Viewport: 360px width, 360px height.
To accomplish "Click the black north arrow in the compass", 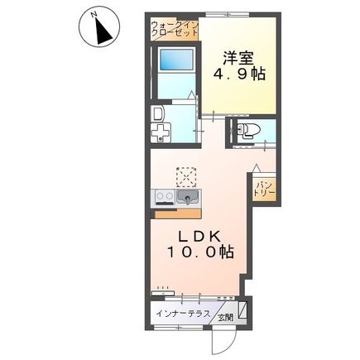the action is [103, 31].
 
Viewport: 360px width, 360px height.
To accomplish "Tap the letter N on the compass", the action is [94, 14].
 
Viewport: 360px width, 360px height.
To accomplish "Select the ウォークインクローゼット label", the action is [175, 29].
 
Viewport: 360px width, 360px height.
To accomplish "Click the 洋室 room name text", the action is [238, 58].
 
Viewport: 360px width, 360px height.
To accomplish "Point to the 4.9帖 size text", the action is [239, 74].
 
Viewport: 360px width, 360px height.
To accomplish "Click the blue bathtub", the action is [176, 60].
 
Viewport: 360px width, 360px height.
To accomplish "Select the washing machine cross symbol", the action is [161, 133].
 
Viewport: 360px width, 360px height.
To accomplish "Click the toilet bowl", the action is [248, 130].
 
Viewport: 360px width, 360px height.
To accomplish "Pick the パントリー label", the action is [264, 189].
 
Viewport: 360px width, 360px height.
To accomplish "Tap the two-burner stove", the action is [165, 197].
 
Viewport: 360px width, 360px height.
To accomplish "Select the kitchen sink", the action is [188, 197].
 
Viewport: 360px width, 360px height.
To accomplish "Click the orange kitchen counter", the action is [178, 214].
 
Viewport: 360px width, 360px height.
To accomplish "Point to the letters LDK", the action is [200, 237].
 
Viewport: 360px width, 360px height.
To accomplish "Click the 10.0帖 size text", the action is [201, 252].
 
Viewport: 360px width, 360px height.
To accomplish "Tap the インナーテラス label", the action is [183, 314].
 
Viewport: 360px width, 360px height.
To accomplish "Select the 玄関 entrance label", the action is [226, 318].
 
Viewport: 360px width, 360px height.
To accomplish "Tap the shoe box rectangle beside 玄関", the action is [242, 310].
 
